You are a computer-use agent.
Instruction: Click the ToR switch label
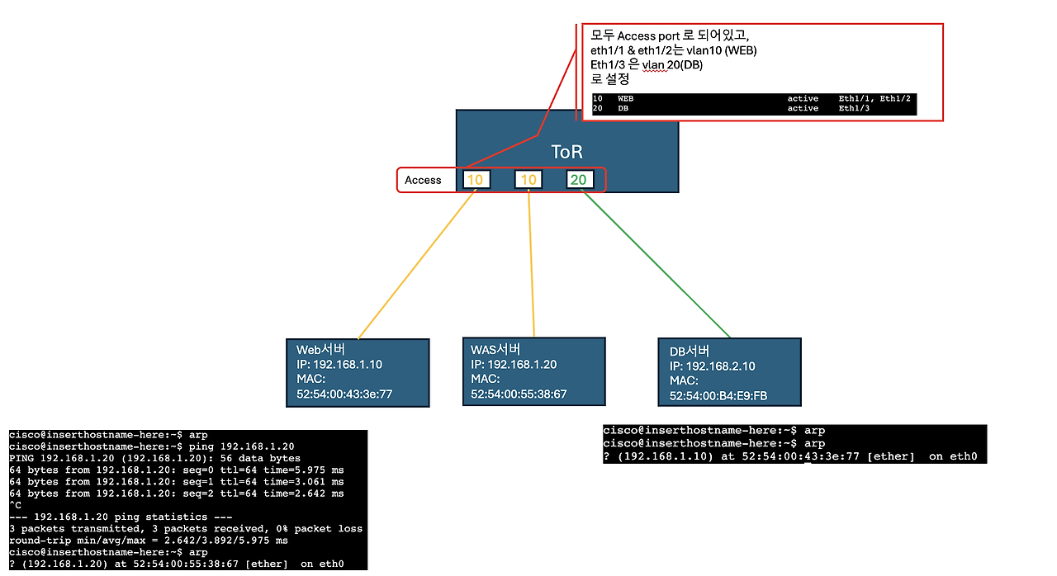click(x=566, y=152)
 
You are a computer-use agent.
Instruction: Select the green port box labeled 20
click(x=580, y=180)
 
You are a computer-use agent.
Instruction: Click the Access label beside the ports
click(x=423, y=180)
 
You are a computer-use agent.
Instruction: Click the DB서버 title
click(x=690, y=352)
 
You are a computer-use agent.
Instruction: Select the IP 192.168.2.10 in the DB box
click(x=713, y=366)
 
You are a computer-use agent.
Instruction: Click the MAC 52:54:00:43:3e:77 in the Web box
click(x=344, y=394)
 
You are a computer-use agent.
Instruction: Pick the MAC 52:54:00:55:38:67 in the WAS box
click(x=519, y=394)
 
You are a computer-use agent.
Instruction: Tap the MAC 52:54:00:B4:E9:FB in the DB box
click(x=718, y=396)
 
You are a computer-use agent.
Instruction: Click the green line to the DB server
click(x=656, y=265)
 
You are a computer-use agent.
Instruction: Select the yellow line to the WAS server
click(x=531, y=264)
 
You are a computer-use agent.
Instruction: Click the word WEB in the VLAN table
click(x=626, y=98)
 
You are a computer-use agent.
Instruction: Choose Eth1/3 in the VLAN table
click(x=855, y=108)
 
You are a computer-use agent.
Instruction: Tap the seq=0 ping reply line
click(x=177, y=470)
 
